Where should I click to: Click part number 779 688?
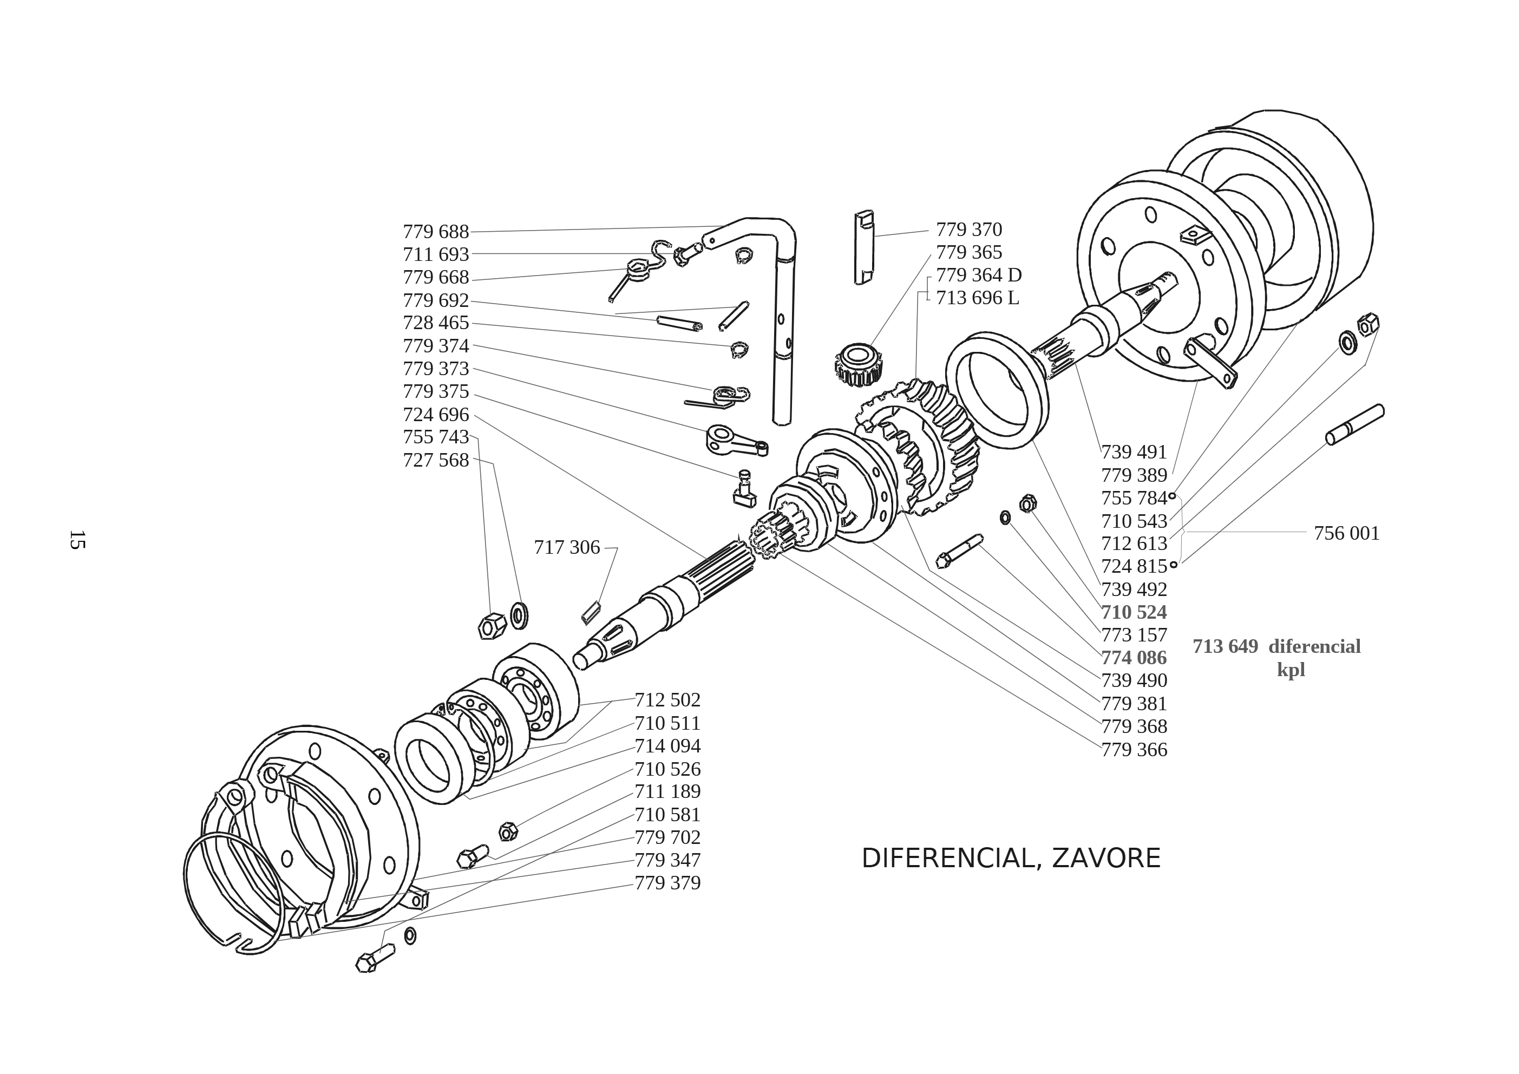click(x=435, y=232)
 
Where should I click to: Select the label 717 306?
click(x=566, y=548)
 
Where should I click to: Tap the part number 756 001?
click(x=1346, y=533)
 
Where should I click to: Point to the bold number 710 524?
click(x=1134, y=612)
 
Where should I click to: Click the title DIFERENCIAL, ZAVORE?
click(x=1010, y=858)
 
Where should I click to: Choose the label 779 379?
click(x=667, y=883)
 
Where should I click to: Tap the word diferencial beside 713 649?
click(x=1314, y=646)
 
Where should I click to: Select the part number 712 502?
click(x=667, y=700)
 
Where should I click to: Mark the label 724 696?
click(x=435, y=415)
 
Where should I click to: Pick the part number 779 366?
click(x=1134, y=750)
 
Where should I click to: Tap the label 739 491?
click(x=1134, y=453)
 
